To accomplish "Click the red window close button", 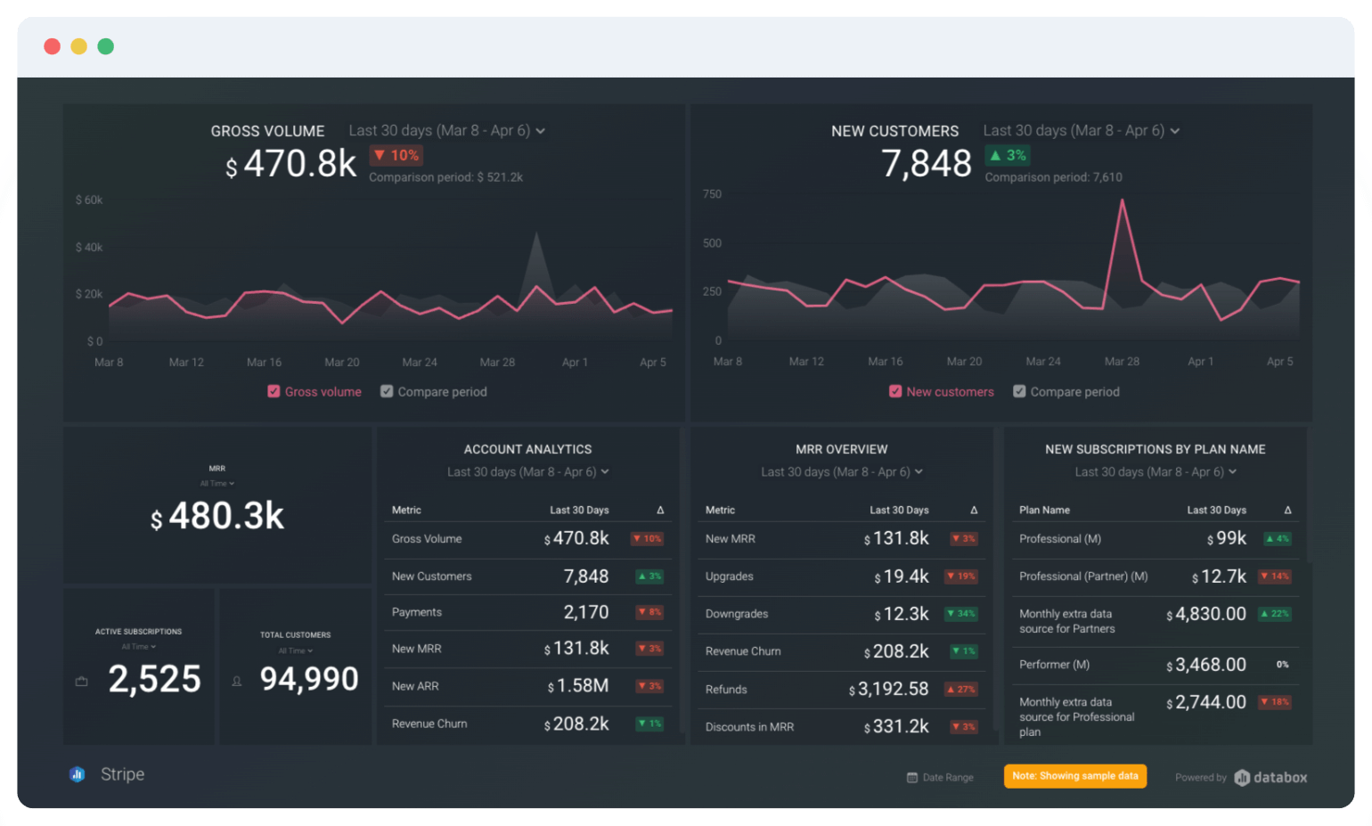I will coord(53,46).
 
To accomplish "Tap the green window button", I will coord(106,46).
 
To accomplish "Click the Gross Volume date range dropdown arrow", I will coord(541,131).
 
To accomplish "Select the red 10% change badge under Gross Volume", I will coord(396,155).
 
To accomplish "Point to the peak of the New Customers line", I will coord(1123,201).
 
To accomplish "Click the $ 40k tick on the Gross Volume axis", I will coord(89,247).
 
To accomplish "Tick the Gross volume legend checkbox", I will coord(274,391).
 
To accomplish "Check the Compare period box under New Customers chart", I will coord(1019,391).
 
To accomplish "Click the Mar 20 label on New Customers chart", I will coord(964,362).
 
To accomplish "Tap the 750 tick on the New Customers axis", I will coord(712,194).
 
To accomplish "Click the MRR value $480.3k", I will coord(218,517).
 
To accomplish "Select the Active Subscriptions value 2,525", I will coord(155,680).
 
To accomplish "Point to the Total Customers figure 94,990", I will coord(309,680).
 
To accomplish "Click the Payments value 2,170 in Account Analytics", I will coord(586,613).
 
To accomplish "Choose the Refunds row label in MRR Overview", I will coord(726,690).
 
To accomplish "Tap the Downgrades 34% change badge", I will coord(962,614).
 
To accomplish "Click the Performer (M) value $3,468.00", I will coord(1206,666).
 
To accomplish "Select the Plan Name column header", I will coord(1044,511).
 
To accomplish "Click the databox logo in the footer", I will coord(1271,778).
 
